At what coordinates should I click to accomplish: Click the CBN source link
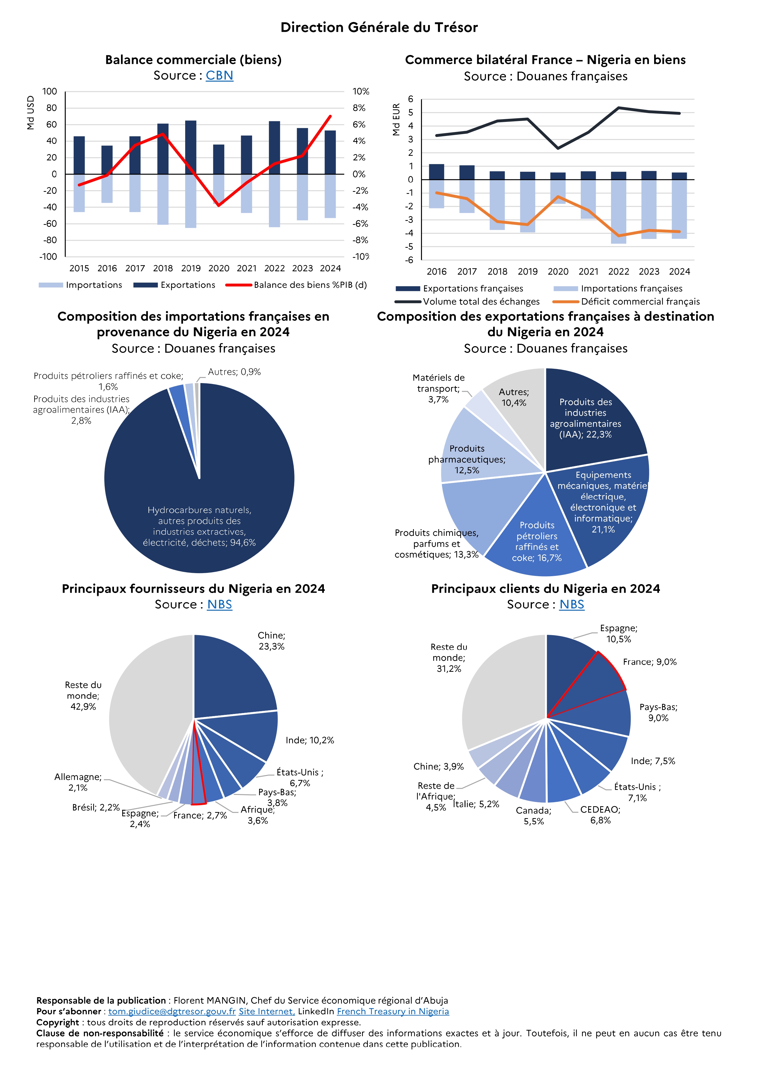(x=219, y=76)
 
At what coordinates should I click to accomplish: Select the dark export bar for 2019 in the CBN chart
(x=191, y=147)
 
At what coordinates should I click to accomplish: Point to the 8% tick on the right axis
(x=359, y=108)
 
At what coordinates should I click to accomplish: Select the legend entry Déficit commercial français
(x=640, y=302)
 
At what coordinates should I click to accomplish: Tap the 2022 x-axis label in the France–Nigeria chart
(x=618, y=272)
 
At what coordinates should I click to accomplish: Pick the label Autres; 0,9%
(x=234, y=372)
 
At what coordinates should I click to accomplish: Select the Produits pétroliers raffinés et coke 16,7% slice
(x=537, y=537)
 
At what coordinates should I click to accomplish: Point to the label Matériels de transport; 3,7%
(x=438, y=389)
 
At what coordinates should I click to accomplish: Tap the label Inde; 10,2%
(x=309, y=740)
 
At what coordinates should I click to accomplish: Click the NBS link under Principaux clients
(x=571, y=605)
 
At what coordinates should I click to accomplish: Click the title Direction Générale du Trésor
(x=379, y=27)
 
